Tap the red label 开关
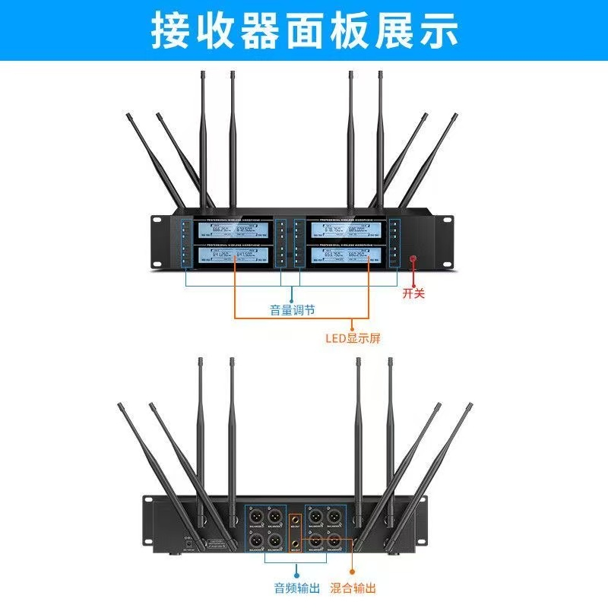(x=413, y=293)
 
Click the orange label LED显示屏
(x=352, y=338)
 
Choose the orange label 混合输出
(x=353, y=587)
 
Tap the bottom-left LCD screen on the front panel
(x=233, y=256)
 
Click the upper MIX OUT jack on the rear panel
(x=296, y=522)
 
